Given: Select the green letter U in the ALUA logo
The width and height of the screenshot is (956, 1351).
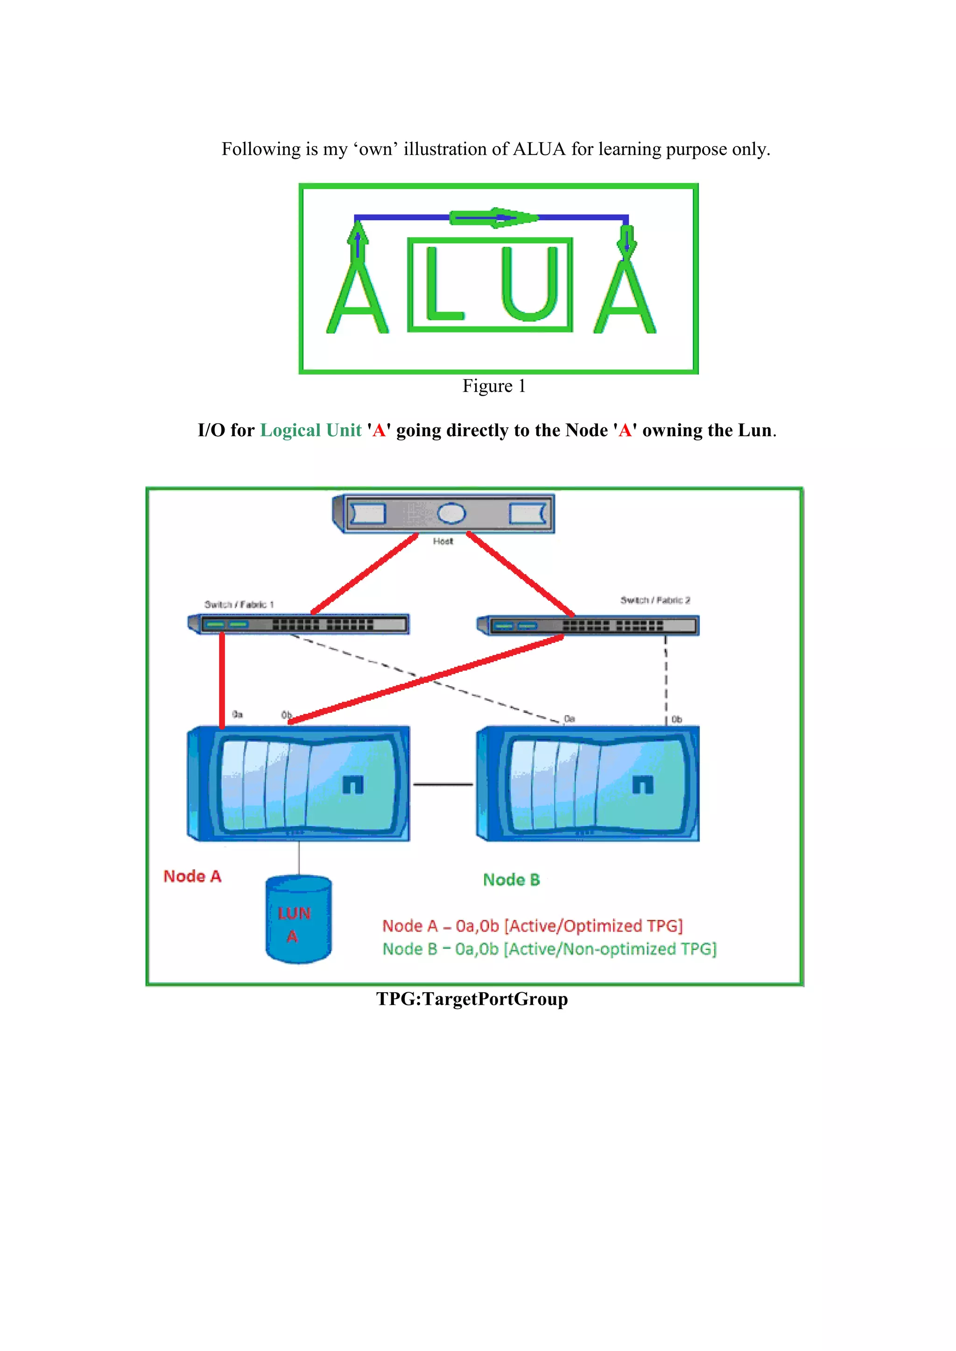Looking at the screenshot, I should click(x=530, y=284).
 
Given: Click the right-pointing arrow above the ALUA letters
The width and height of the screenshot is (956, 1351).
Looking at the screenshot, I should click(x=493, y=218).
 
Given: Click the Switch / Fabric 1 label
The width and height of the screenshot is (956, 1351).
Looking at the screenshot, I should click(x=239, y=604).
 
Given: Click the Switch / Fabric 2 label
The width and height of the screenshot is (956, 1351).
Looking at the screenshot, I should click(x=654, y=600).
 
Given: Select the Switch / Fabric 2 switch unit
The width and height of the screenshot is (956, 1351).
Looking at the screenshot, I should click(x=589, y=626).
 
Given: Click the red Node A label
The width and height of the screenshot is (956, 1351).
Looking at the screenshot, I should click(x=192, y=876).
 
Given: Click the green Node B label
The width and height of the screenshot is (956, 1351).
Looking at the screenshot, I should click(x=511, y=880).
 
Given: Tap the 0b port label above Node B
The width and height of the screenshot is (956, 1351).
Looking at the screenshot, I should click(x=677, y=719).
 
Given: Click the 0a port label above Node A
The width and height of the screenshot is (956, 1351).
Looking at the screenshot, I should click(x=237, y=714).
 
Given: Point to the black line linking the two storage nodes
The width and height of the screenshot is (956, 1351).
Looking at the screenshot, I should click(x=443, y=784).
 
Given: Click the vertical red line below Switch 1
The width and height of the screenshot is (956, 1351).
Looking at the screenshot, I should click(x=222, y=680).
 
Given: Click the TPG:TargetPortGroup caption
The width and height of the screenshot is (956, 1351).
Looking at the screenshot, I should click(x=472, y=999).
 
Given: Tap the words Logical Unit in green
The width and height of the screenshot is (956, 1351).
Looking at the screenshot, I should click(x=310, y=430).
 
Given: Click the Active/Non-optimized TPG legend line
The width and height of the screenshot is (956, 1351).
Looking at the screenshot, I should click(x=548, y=949).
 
